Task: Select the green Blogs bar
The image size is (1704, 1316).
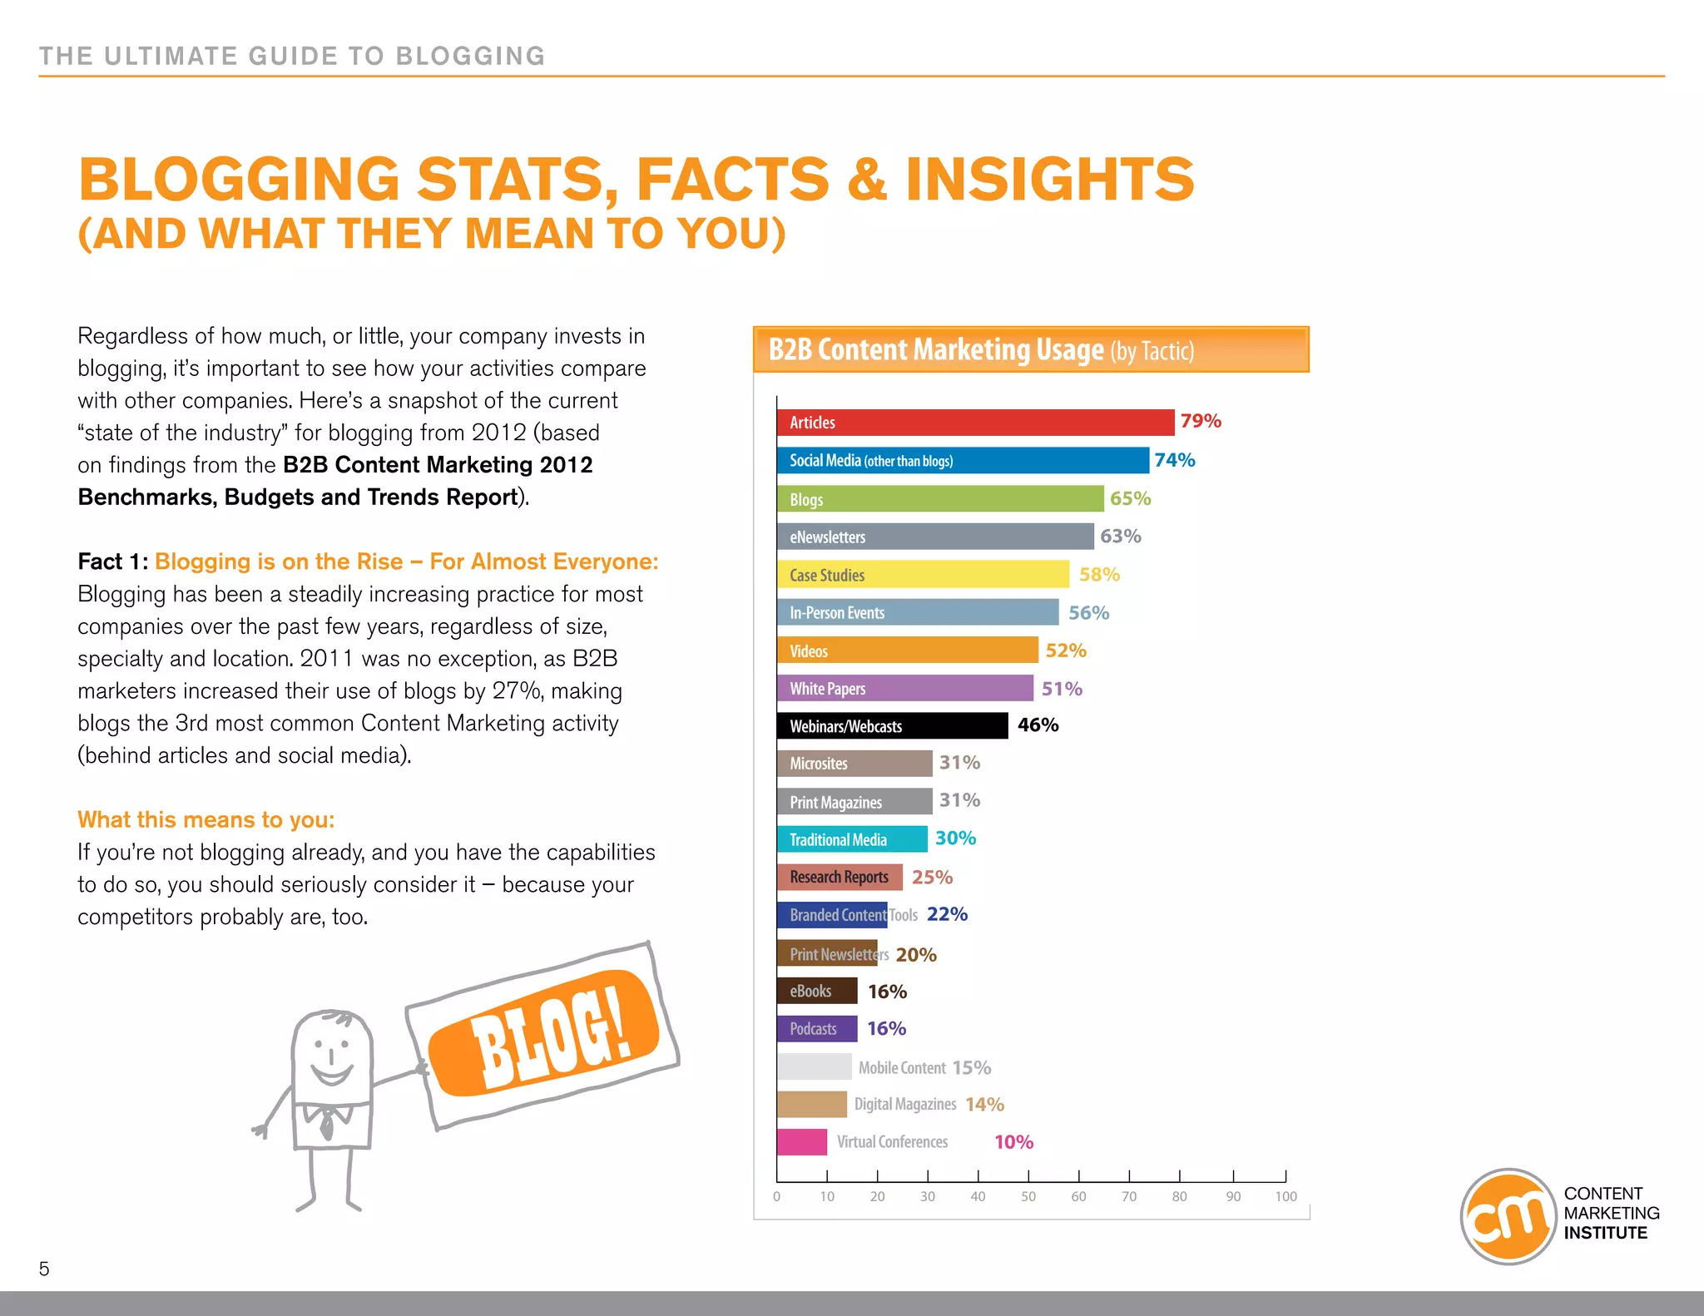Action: pyautogui.click(x=940, y=499)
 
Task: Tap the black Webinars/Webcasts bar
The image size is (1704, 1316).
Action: pyautogui.click(x=892, y=725)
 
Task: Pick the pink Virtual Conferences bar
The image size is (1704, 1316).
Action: pyautogui.click(x=801, y=1142)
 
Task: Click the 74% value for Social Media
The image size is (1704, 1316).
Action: pyautogui.click(x=1174, y=460)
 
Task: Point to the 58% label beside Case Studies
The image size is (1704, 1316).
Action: pyautogui.click(x=1099, y=575)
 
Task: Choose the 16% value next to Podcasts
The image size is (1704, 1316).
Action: pyautogui.click(x=886, y=1029)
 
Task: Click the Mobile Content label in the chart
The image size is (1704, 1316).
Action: pyautogui.click(x=902, y=1067)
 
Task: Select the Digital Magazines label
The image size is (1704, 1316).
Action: pyautogui.click(x=905, y=1105)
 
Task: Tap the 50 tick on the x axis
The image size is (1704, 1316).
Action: pyautogui.click(x=1028, y=1196)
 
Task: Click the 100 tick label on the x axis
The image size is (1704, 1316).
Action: pyautogui.click(x=1285, y=1196)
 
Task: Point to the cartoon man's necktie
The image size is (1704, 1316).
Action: pyautogui.click(x=327, y=1124)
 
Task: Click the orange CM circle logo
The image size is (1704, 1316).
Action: pyautogui.click(x=1508, y=1216)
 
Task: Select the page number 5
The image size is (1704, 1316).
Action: pyautogui.click(x=44, y=1269)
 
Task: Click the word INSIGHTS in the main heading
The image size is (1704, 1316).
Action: pyautogui.click(x=1049, y=180)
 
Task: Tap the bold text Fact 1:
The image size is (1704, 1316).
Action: pyautogui.click(x=112, y=562)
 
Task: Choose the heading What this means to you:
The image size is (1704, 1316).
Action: pyautogui.click(x=206, y=819)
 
